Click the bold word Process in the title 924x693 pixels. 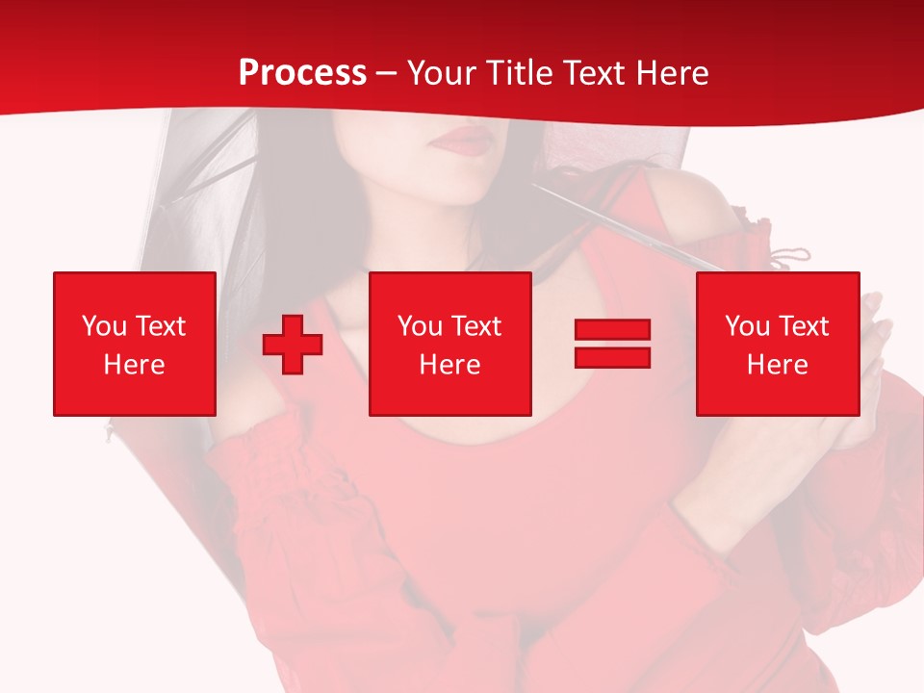302,73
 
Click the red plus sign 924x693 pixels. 293,345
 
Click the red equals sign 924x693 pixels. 612,344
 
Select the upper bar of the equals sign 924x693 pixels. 612,330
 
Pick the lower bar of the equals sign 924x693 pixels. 612,357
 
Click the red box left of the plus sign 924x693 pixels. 135,344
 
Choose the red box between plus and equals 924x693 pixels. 450,344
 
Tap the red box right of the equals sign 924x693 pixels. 778,344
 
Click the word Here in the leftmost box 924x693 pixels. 135,365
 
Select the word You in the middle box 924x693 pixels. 420,326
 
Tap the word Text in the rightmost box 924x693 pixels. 805,326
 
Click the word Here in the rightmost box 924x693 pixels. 778,365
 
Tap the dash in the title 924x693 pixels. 386,73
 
